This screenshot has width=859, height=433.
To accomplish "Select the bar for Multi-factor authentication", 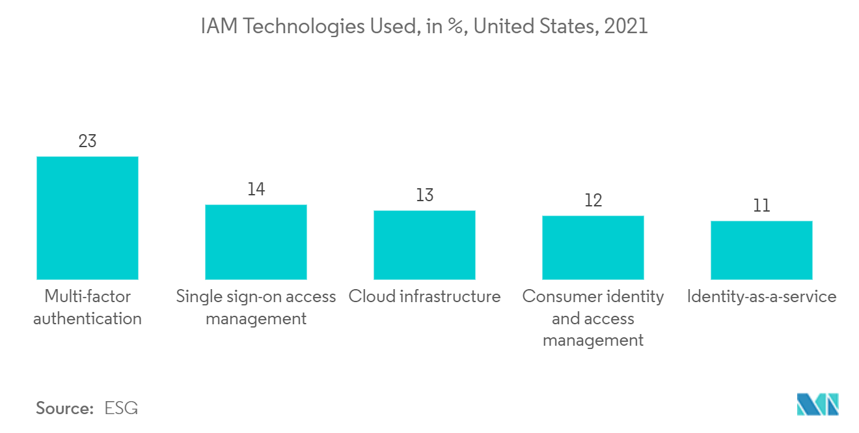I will point(87,218).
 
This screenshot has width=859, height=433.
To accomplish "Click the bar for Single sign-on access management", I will point(256,242).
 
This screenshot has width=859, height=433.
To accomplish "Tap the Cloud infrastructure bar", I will point(424,245).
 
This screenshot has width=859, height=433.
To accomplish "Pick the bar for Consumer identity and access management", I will point(593,247).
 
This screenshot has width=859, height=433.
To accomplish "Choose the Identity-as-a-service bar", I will point(761,250).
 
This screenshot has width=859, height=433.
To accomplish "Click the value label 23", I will point(87,141).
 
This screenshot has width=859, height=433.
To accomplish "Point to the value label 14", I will point(256,189).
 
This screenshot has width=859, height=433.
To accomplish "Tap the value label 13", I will point(424,195).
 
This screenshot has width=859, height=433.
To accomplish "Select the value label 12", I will point(593,201).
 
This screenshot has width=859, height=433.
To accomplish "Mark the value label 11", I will point(761,206).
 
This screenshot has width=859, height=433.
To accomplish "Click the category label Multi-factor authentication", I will point(87,307).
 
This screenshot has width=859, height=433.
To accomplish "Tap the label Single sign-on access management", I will point(256,307).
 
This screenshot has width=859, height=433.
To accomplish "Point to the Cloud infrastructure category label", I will point(424,297).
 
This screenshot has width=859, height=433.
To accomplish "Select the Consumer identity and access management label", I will point(593,318).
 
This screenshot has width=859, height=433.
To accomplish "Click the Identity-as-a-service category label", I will point(761,297).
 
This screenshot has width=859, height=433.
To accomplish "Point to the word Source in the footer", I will point(64,408).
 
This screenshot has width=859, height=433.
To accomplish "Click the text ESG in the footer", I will point(121,408).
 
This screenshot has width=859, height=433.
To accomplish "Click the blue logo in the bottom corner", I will point(818,404).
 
